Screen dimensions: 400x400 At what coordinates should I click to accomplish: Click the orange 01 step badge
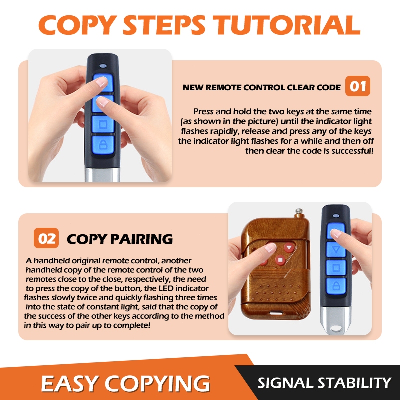point(357,86)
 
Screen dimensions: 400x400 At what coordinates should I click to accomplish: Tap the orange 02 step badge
point(46,238)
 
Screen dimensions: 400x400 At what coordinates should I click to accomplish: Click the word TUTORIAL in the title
point(287,25)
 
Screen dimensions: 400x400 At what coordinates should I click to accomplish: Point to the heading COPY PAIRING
point(120,239)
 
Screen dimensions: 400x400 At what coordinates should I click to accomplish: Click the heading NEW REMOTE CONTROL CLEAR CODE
point(261,88)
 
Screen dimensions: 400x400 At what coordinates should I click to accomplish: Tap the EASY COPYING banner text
point(125,383)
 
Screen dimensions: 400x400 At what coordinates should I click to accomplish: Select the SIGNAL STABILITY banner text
point(324,383)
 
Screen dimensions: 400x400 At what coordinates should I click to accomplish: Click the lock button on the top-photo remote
point(103,145)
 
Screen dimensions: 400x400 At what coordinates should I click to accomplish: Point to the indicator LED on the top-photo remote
point(103,66)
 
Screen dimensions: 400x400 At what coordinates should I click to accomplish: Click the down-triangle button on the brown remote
point(289,247)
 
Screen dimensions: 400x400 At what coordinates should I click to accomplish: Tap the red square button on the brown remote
point(280,260)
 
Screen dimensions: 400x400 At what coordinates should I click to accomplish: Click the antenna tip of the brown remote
point(298,211)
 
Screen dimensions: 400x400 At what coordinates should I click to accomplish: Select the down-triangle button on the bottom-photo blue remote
point(336,249)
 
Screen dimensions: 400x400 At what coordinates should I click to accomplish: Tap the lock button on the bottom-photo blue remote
point(336,286)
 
